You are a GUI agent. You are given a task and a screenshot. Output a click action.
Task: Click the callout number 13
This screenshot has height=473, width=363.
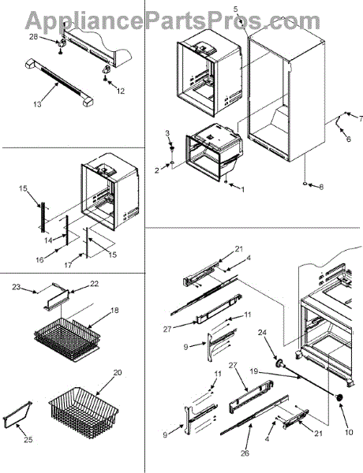pyautogui.click(x=37, y=104)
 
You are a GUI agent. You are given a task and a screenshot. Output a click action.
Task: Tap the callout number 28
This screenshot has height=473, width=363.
pyautogui.click(x=33, y=37)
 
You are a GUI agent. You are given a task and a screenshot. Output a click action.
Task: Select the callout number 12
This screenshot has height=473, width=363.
pyautogui.click(x=121, y=91)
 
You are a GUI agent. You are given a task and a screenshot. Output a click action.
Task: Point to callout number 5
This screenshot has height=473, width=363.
pyautogui.click(x=236, y=9)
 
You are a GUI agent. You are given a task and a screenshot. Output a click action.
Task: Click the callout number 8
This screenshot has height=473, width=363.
pyautogui.click(x=321, y=187)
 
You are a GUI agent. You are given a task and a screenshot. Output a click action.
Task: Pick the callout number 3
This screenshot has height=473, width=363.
pyautogui.click(x=167, y=133)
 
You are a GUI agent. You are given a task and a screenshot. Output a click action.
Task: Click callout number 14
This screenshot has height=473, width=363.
pyautogui.click(x=48, y=240)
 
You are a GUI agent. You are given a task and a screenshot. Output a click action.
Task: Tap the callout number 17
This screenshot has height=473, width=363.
pyautogui.click(x=68, y=265)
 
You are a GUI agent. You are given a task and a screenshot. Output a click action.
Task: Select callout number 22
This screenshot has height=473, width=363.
pyautogui.click(x=94, y=284)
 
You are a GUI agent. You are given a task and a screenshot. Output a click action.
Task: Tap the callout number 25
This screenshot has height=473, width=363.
pyautogui.click(x=28, y=440)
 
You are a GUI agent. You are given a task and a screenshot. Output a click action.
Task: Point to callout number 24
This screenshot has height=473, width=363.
pyautogui.click(x=262, y=333)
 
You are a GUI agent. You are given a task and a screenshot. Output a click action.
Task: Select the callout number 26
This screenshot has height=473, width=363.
pyautogui.click(x=245, y=453)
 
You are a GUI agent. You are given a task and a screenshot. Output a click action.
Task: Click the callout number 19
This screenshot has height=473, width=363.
pyautogui.click(x=253, y=371)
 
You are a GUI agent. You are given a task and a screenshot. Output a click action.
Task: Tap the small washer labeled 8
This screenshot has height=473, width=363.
pyautogui.click(x=305, y=184)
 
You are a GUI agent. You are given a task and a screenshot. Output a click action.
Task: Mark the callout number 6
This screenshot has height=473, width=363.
pyautogui.click(x=349, y=140)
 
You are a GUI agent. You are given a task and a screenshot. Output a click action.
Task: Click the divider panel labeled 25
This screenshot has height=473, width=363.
pyautogui.click(x=17, y=415)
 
